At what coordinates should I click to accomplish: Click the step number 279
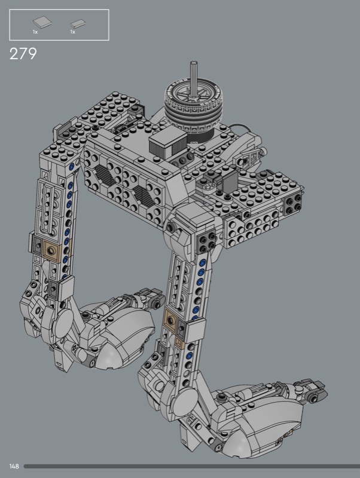[23, 54]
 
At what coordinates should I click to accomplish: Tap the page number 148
[14, 466]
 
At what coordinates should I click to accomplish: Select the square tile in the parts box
[42, 23]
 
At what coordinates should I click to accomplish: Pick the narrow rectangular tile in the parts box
[78, 23]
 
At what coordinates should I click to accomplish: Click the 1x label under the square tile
[35, 32]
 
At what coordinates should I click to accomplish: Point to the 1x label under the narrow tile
[72, 32]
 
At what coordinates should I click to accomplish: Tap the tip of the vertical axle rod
[193, 63]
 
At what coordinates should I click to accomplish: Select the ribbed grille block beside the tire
[167, 143]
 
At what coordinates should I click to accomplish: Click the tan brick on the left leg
[53, 251]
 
